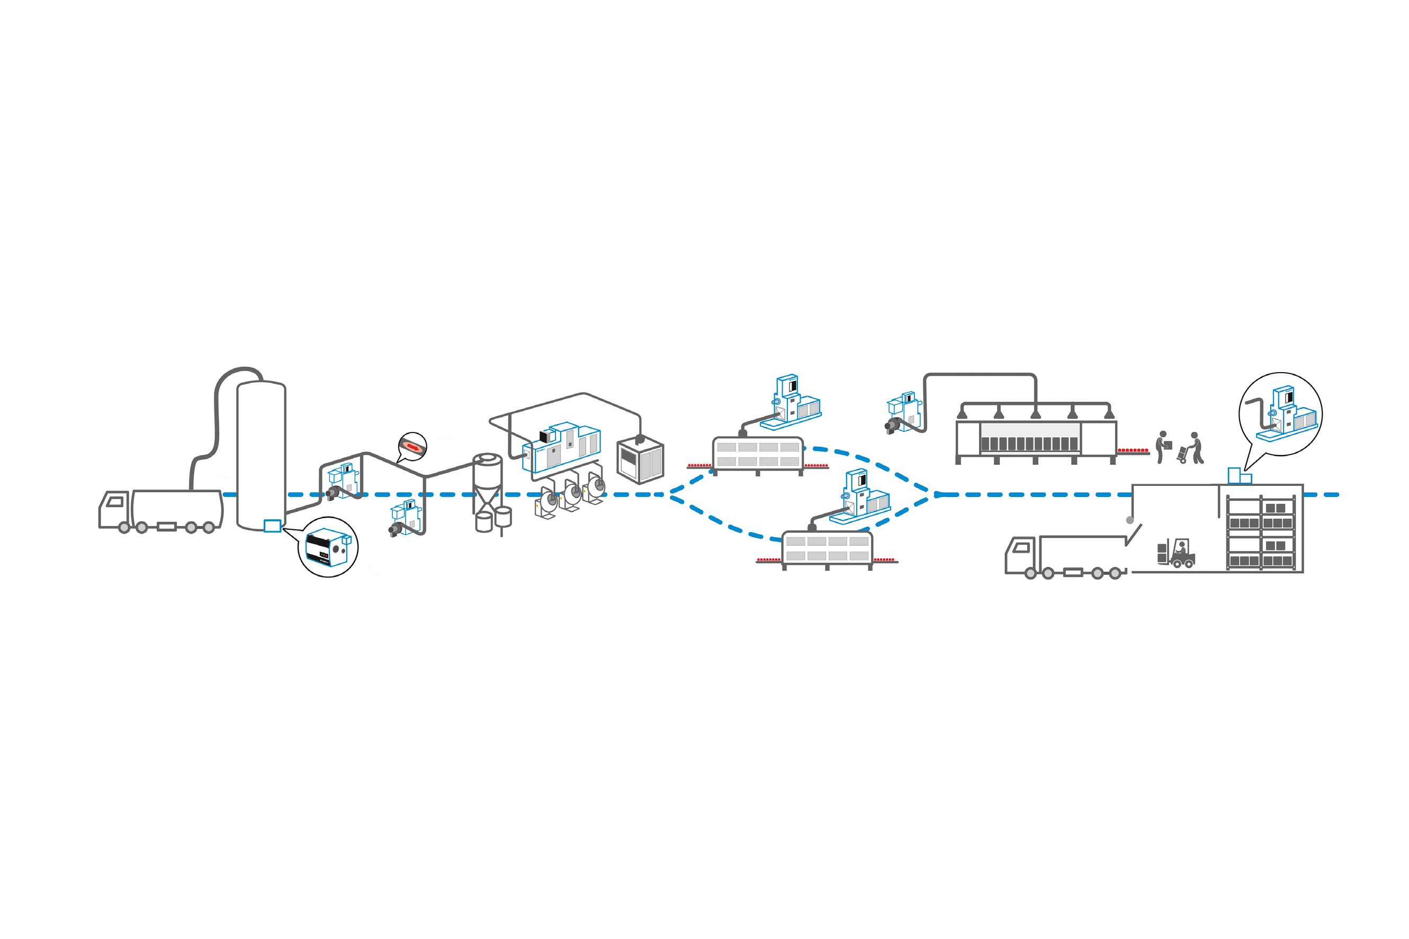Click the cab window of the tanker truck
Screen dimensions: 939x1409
pos(115,502)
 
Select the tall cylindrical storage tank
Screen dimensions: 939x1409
pos(261,455)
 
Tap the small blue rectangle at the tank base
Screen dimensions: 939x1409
pos(272,526)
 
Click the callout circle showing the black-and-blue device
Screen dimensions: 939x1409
pos(328,547)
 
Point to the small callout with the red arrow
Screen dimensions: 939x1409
pos(412,447)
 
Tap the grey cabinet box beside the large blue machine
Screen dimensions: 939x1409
pos(640,460)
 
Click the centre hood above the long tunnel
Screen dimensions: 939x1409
pos(1035,413)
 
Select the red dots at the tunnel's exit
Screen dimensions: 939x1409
pos(1133,450)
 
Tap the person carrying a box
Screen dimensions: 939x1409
pos(1162,447)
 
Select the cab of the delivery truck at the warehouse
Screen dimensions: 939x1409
pos(1021,555)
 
